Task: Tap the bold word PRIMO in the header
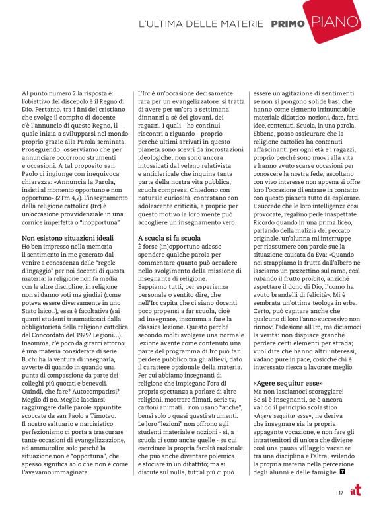[x=288, y=24]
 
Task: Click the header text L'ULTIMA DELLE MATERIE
[x=201, y=24]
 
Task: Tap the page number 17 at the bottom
[x=341, y=492]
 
